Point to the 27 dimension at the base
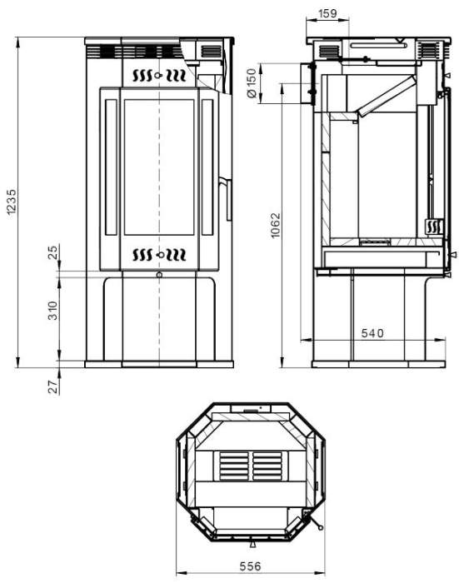click(x=52, y=386)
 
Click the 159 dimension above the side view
click(x=328, y=12)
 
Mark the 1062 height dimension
click(x=276, y=225)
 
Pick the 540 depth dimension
click(x=372, y=333)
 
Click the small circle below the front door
click(x=158, y=274)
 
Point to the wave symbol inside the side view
click(x=433, y=226)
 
